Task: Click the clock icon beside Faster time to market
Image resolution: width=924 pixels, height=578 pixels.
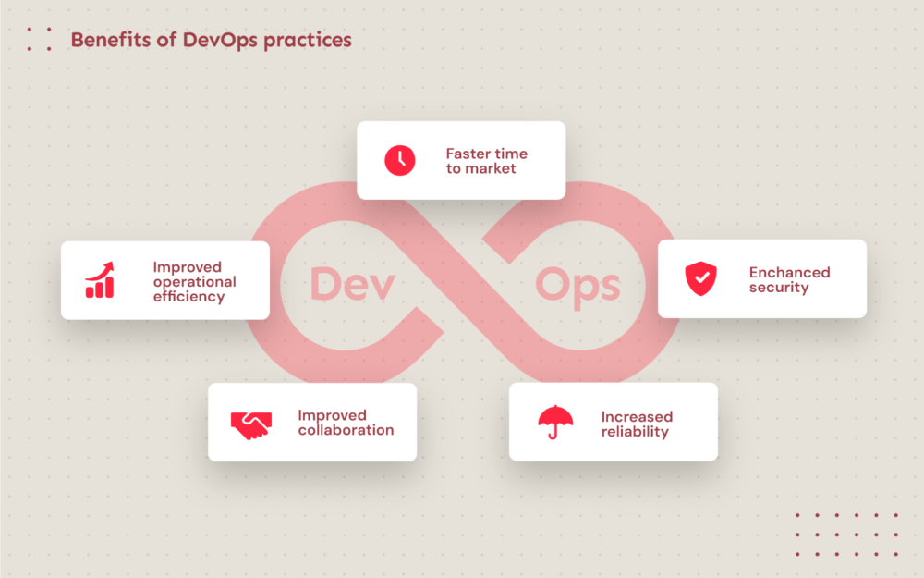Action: tap(400, 160)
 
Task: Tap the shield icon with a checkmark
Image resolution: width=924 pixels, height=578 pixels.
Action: tap(700, 278)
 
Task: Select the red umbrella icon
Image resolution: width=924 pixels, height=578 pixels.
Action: tap(555, 422)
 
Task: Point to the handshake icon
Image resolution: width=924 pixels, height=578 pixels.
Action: tap(250, 423)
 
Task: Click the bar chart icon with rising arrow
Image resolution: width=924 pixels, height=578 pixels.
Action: tap(100, 280)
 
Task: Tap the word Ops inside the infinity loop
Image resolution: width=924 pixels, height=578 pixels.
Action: tap(577, 285)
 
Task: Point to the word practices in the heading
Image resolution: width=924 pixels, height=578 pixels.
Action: tap(308, 41)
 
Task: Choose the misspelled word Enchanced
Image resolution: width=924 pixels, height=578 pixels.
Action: tap(789, 272)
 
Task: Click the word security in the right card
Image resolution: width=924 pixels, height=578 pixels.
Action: tap(779, 288)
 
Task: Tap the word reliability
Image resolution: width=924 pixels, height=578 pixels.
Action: tap(635, 432)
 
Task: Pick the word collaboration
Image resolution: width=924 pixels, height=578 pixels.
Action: tap(346, 430)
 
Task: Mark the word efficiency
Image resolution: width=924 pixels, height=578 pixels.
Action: tap(188, 297)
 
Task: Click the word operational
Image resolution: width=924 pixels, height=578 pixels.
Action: tap(194, 282)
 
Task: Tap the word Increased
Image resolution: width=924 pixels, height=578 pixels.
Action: tap(637, 417)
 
